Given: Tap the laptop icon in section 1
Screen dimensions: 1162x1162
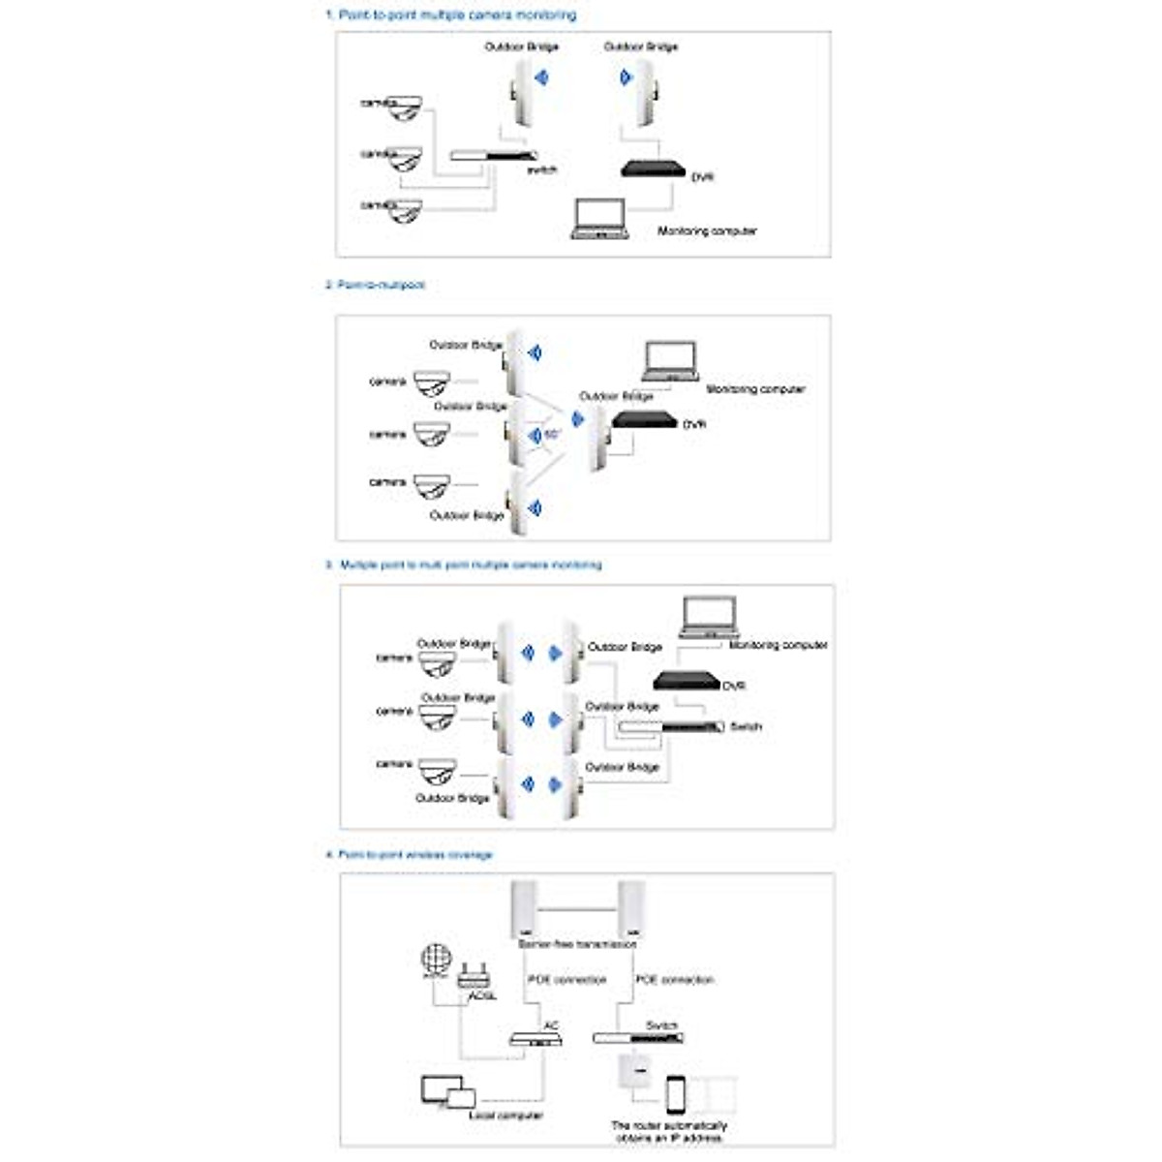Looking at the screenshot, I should [x=599, y=220].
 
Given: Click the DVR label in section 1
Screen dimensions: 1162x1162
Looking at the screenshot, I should [x=702, y=178].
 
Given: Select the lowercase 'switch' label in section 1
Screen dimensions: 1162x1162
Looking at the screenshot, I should [x=541, y=170].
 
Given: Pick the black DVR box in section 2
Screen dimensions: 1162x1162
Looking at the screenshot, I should [x=644, y=420].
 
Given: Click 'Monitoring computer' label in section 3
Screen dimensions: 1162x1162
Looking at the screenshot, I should [x=778, y=645].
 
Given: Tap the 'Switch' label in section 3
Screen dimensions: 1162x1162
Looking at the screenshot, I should [x=746, y=726].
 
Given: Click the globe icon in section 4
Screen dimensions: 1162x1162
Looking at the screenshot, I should [x=437, y=959].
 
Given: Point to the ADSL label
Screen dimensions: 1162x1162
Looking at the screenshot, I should [x=481, y=995].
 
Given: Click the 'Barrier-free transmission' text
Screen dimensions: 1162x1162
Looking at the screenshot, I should [x=577, y=943].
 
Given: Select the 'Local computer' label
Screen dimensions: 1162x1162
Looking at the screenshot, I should [x=505, y=1116].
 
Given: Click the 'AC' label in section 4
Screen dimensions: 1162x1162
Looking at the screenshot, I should [x=551, y=1025].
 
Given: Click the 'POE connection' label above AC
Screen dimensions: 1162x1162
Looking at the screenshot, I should [x=566, y=980].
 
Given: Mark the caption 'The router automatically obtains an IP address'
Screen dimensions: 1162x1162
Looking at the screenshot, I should [x=669, y=1132].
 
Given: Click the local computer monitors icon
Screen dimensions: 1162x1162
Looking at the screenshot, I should [x=448, y=1091].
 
